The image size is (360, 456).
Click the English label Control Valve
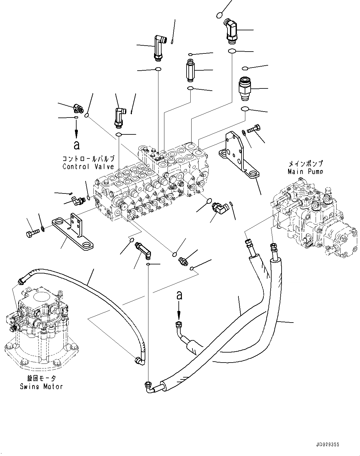point(88,167)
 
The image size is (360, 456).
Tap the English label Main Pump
point(305,171)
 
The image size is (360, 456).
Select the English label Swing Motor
point(41,387)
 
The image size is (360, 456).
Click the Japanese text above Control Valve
point(88,159)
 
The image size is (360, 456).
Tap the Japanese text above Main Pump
point(306,163)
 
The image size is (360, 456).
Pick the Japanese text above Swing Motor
point(42,378)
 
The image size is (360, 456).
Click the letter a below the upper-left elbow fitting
point(77,145)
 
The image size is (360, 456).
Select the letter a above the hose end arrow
point(179,295)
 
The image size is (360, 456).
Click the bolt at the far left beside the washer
point(32,234)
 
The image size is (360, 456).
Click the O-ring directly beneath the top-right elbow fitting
point(232,51)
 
